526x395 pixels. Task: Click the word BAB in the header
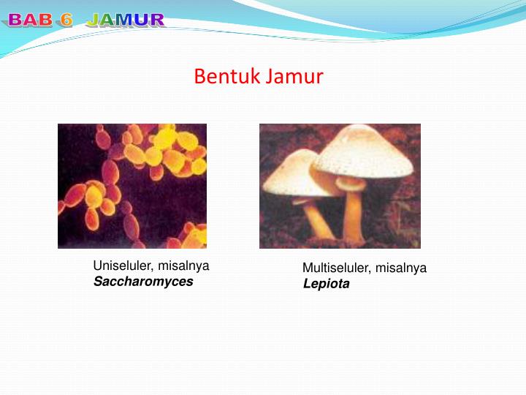(x=31, y=20)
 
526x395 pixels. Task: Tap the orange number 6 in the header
(x=66, y=20)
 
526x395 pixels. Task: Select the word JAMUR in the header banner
(x=126, y=20)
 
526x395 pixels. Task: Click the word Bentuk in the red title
(x=226, y=76)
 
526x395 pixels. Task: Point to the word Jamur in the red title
(x=294, y=76)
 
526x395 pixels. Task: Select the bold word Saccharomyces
(x=143, y=282)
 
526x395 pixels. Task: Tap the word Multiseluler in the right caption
(x=337, y=268)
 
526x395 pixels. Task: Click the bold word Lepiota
(x=326, y=284)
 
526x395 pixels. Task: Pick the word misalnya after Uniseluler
(x=183, y=266)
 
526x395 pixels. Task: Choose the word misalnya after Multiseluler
(x=401, y=268)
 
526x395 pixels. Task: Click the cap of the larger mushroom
(x=364, y=152)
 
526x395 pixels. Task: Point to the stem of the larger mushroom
(x=353, y=215)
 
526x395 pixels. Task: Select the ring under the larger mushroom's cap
(x=351, y=184)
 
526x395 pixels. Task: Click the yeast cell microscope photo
(x=132, y=186)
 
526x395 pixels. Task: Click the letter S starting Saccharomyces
(x=99, y=282)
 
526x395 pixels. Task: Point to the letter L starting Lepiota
(x=307, y=284)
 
